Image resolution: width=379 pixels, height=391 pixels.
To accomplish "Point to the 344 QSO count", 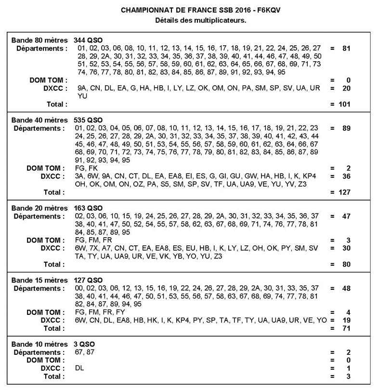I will click(88, 40).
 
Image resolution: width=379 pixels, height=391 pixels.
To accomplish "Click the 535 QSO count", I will click(88, 120).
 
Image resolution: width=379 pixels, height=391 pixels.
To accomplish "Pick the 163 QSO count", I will click(88, 207).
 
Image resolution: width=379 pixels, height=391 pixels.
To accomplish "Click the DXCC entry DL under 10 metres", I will click(80, 368).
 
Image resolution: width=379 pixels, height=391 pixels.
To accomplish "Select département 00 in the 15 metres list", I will click(80, 288).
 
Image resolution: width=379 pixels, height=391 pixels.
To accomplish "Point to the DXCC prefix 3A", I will click(80, 176).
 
